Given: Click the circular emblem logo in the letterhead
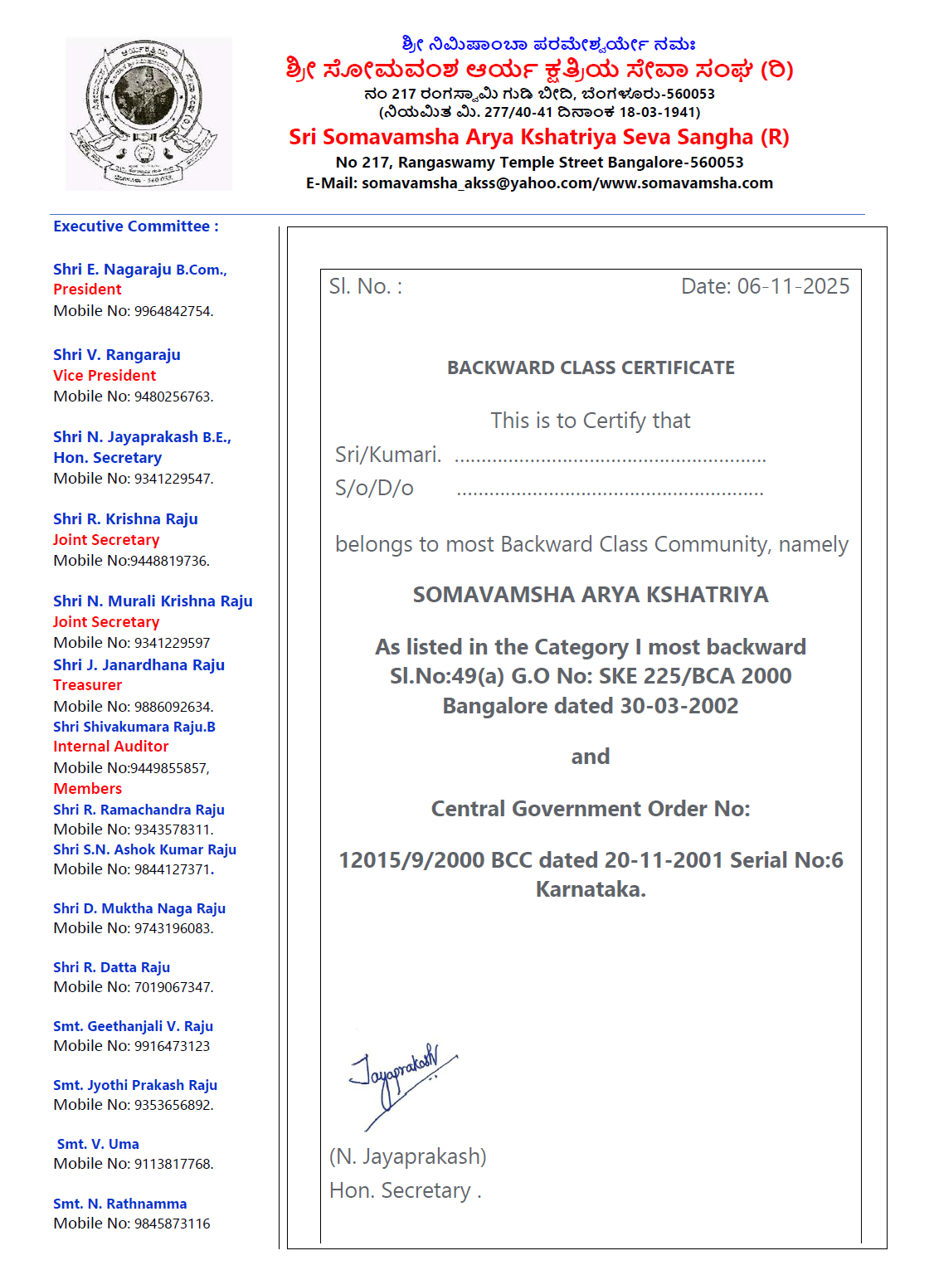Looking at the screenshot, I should click(x=148, y=113).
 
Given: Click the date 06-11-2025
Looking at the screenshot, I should click(x=793, y=286).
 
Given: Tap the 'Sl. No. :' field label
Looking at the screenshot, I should click(x=366, y=286).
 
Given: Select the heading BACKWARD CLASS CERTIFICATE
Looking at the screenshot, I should click(x=591, y=367).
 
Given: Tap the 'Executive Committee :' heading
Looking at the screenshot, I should click(x=136, y=226).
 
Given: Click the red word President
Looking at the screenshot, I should click(x=87, y=290).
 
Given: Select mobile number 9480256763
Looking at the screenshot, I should click(x=173, y=397).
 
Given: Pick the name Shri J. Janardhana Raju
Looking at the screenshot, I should click(x=139, y=664).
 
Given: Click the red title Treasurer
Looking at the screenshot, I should click(x=87, y=685).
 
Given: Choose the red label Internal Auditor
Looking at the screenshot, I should click(x=110, y=747).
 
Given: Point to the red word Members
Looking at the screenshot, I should click(x=87, y=789).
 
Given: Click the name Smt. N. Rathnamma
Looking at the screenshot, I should click(x=119, y=1204).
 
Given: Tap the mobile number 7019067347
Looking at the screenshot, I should click(x=173, y=987).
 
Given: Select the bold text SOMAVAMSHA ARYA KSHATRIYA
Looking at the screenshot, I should click(x=591, y=595).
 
